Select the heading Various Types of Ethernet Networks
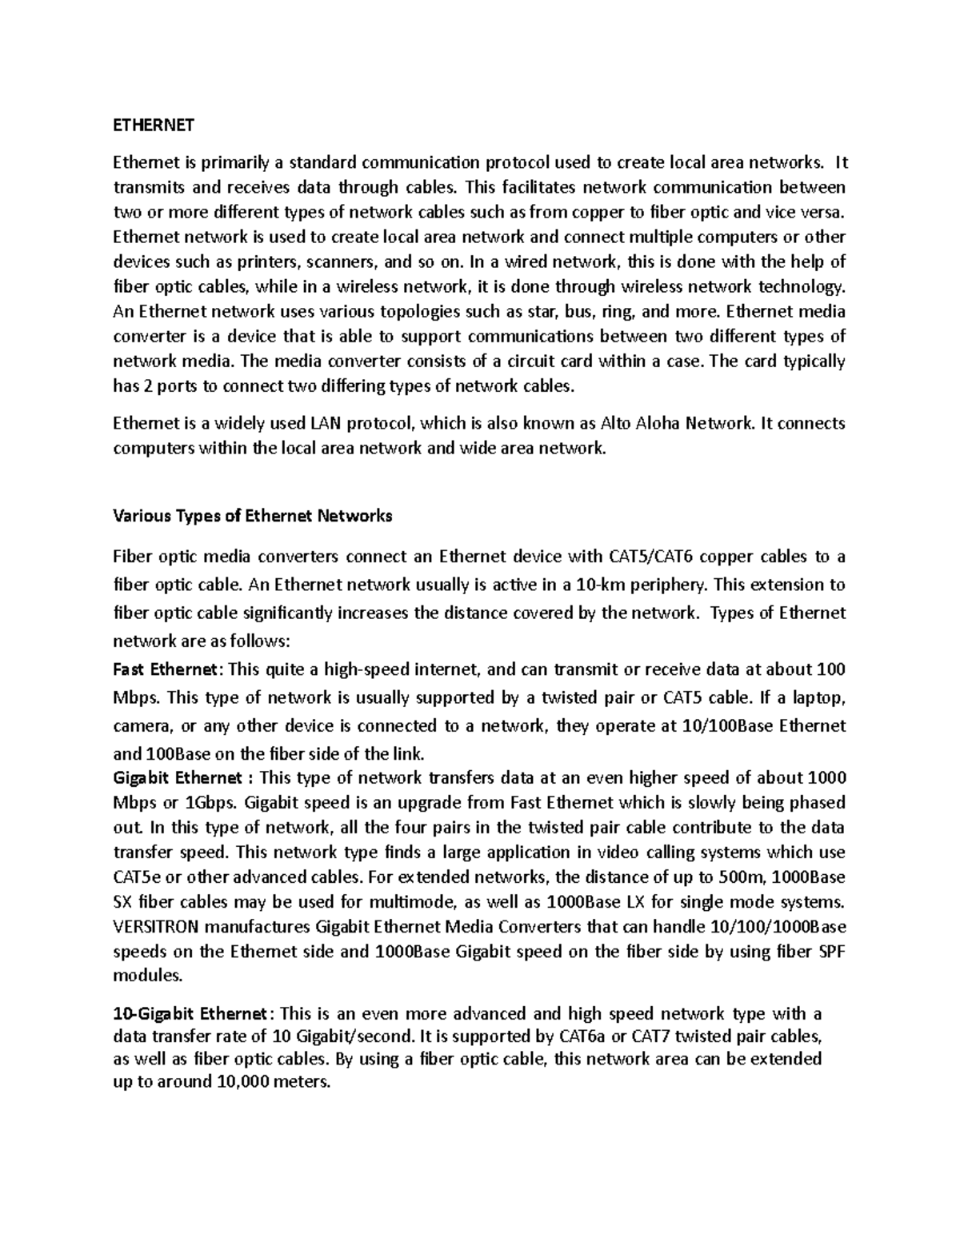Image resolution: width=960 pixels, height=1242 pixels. point(253,516)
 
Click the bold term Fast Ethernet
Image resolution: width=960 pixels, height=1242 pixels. point(165,669)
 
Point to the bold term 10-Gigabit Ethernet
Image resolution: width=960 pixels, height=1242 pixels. point(189,1014)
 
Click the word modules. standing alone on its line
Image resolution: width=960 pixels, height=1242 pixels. point(148,976)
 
